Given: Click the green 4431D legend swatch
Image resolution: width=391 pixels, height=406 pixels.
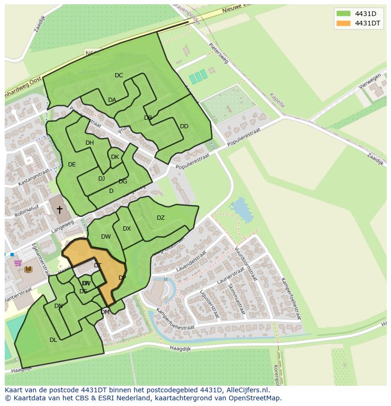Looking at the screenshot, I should pos(343,13).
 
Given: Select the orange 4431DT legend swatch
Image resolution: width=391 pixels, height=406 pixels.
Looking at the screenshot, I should pos(343,23).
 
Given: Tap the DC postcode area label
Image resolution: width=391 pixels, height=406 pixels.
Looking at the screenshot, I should pos(119,75).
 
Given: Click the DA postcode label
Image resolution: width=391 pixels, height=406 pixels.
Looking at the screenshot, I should pos(112,100).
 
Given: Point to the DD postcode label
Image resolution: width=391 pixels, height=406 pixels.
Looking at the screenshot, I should pos(184,126).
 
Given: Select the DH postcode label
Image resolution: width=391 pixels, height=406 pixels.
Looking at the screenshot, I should pos(90,143).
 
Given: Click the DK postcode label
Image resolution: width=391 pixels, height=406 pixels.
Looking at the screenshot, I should pos(115,157).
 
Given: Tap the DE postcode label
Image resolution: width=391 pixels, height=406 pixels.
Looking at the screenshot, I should pos(72,165).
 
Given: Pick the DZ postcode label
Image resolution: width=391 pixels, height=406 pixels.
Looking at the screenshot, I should pos(161,218).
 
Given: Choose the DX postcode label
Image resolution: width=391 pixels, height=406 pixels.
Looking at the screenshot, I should pos(127,229).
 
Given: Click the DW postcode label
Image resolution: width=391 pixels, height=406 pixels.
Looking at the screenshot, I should pos(106,237).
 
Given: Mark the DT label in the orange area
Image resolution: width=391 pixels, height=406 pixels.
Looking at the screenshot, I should pos(97,265).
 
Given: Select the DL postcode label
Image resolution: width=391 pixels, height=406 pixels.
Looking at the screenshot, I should pos(53,340).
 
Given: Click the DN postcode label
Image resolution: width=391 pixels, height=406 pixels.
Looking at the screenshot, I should pos(59,306).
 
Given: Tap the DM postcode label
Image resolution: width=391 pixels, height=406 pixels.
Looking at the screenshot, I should pos(105,312).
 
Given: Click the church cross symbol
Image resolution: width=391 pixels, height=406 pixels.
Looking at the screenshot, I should pos(59,209).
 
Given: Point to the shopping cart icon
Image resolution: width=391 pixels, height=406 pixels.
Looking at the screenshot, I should pos(17,263).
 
